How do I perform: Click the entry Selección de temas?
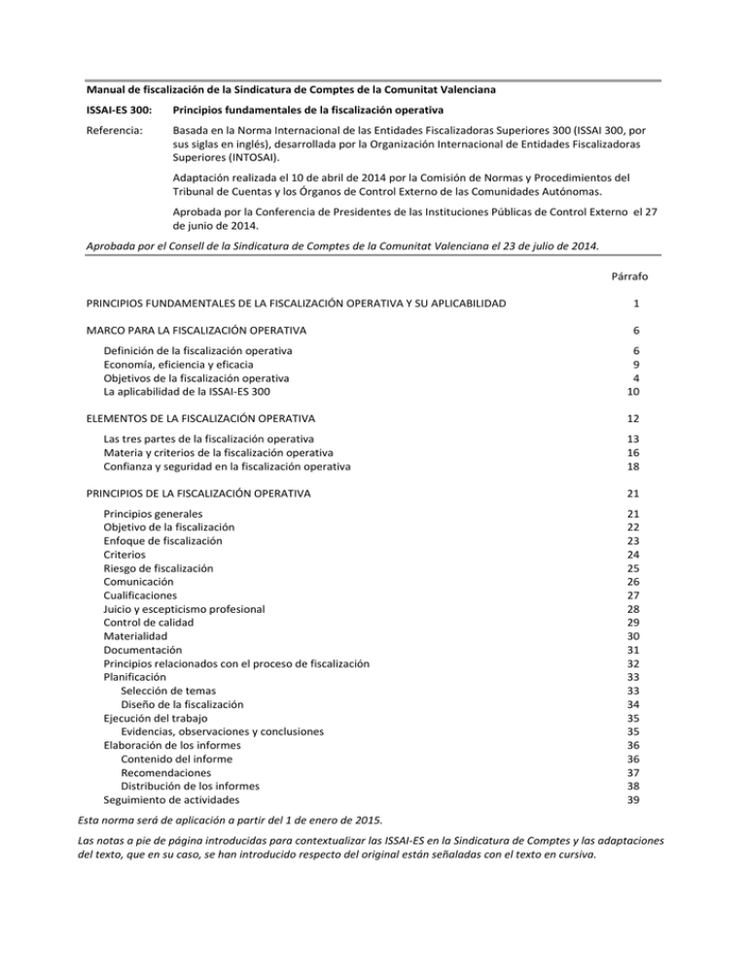(x=161, y=690)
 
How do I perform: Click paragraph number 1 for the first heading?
(x=636, y=304)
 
